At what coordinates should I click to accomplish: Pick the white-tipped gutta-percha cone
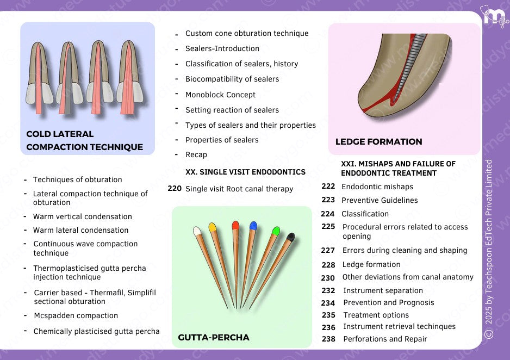207,256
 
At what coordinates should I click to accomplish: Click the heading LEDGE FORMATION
378,142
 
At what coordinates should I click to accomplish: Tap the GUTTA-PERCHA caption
213,338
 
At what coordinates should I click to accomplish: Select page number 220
175,189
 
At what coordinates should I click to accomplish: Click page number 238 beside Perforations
328,339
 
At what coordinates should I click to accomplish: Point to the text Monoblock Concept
220,95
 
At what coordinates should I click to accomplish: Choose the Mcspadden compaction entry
76,315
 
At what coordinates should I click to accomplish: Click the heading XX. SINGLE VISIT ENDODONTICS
245,172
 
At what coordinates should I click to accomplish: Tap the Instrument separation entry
383,290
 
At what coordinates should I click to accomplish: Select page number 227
328,250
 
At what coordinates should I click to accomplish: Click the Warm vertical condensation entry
83,216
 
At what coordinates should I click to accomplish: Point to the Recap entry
196,155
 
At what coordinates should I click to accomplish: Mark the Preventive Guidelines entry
380,200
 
